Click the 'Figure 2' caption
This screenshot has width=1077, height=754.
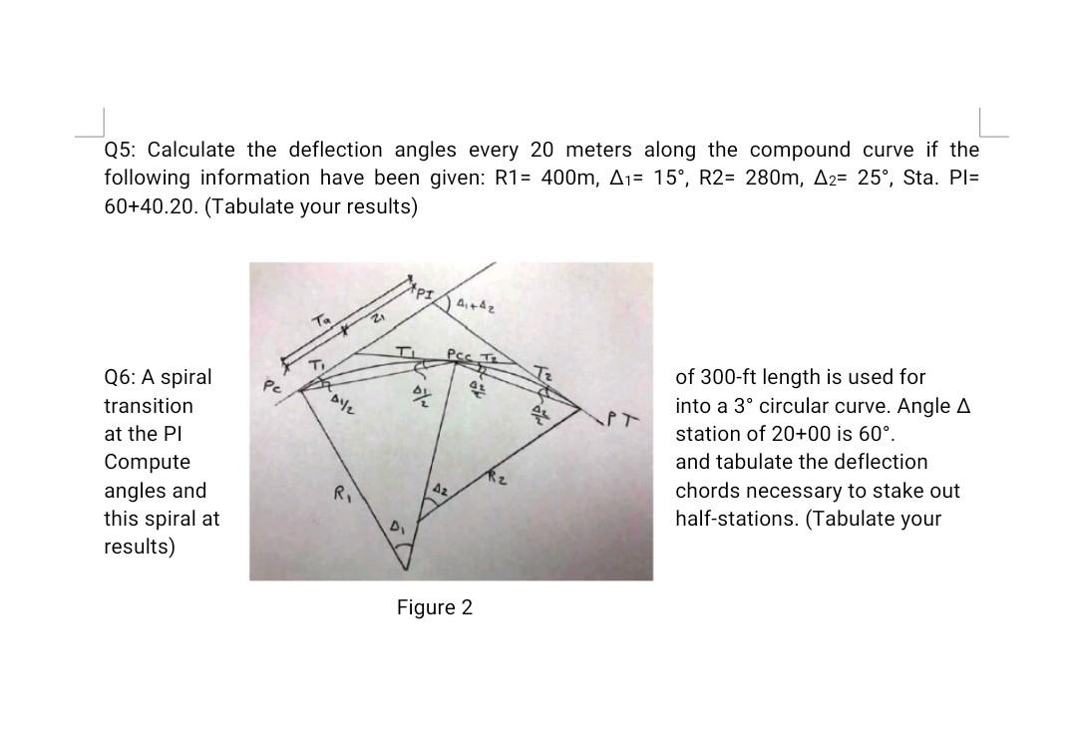point(435,607)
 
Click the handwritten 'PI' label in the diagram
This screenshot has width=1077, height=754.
point(423,292)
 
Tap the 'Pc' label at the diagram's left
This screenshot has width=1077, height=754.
point(270,384)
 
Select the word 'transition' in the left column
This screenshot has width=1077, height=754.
point(149,406)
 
